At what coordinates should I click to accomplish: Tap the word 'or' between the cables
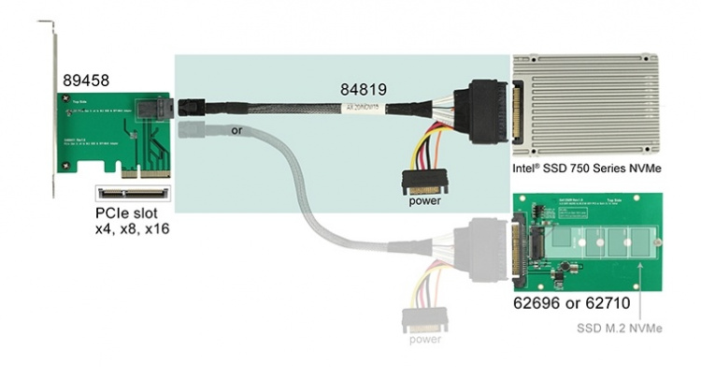pyautogui.click(x=236, y=130)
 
